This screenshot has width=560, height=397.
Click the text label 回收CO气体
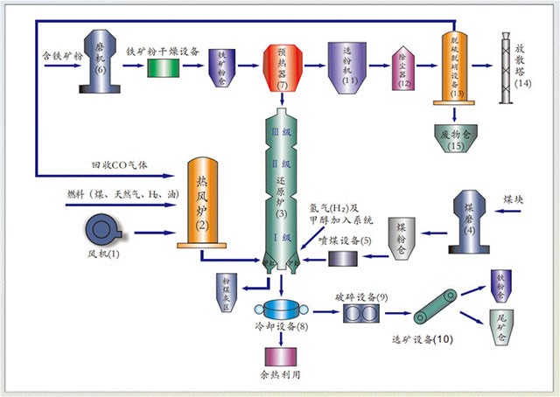[116, 166]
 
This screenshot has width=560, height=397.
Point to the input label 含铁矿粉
[60, 55]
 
